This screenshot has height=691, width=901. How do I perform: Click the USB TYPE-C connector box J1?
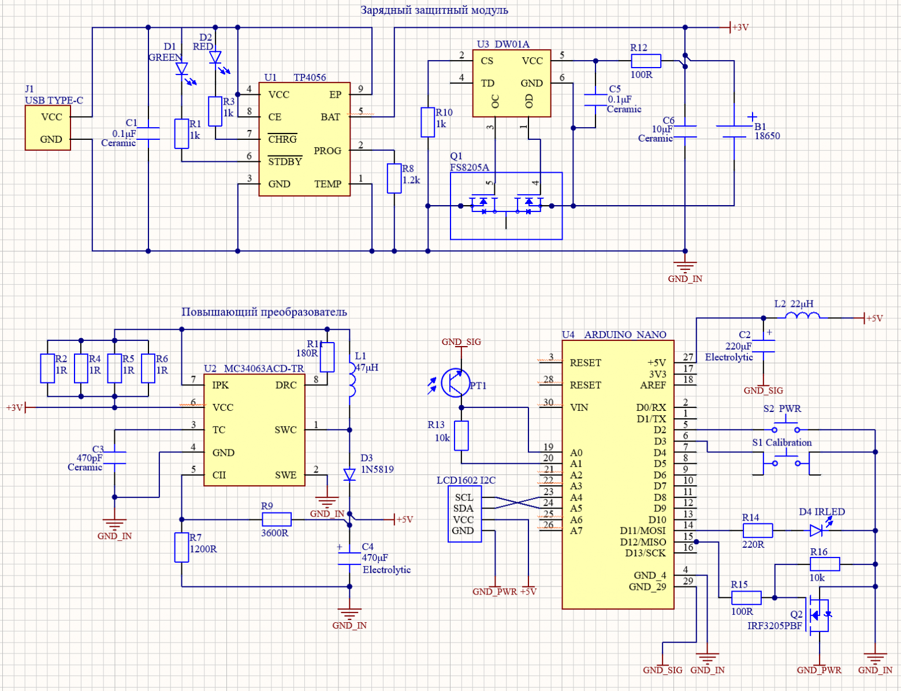point(48,128)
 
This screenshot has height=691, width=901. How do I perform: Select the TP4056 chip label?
point(310,77)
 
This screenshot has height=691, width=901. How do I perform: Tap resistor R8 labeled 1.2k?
point(394,178)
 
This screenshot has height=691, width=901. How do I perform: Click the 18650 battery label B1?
point(767,136)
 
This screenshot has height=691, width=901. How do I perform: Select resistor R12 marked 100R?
point(646,61)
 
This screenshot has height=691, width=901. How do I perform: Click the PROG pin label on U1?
point(327,151)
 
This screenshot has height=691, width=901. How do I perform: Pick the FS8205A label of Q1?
point(470,168)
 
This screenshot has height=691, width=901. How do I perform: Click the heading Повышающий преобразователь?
point(264,312)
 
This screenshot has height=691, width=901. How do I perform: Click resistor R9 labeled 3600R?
point(277,519)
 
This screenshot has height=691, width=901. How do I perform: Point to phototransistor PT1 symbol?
point(455,382)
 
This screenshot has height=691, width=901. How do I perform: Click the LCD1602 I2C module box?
point(464,514)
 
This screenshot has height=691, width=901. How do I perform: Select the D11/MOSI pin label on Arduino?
point(642,530)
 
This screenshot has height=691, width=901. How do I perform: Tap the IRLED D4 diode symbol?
point(816,530)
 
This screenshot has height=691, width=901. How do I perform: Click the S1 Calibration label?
point(781,443)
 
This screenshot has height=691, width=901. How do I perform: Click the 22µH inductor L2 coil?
point(803,315)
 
